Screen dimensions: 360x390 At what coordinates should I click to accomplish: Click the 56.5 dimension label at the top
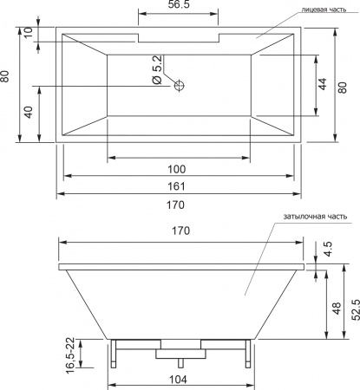coord(179,4)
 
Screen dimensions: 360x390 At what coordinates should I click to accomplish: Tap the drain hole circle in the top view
coord(180,86)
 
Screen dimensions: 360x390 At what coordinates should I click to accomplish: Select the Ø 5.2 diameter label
coord(157,70)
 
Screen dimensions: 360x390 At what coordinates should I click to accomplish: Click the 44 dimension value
coord(323,84)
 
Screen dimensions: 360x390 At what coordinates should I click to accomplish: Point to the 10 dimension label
coord(29,34)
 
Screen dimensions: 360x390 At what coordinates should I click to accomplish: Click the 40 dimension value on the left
coord(29,112)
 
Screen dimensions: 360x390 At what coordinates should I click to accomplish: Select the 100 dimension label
coord(177,169)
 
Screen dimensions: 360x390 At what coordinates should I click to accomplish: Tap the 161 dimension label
coord(176,186)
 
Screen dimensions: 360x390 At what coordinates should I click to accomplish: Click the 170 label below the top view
coord(175,205)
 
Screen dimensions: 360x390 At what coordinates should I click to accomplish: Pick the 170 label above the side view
coord(181,231)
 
